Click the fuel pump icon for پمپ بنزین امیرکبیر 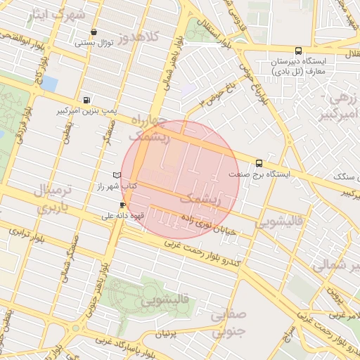pos(86,101)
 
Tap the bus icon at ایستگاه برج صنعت pos(259,162)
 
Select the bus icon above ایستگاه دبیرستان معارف pos(298,51)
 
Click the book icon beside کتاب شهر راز pos(117,174)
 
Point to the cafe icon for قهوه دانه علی pos(123,205)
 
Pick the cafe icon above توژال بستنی pos(94,32)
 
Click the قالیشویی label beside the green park pos(166,301)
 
